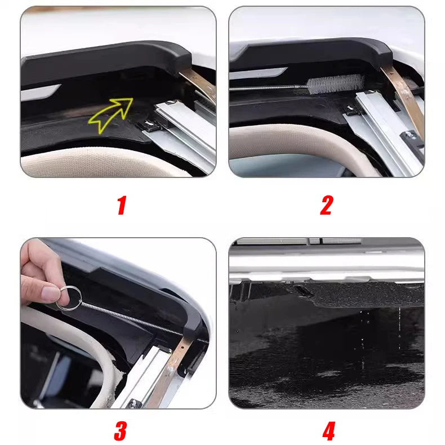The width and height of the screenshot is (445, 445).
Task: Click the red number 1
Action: [121, 206]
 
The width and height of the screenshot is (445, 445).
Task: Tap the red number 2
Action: [326, 206]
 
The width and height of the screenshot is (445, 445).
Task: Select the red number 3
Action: [120, 430]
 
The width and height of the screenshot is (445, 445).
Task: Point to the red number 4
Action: [328, 431]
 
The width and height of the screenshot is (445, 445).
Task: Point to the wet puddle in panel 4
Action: [315, 366]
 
